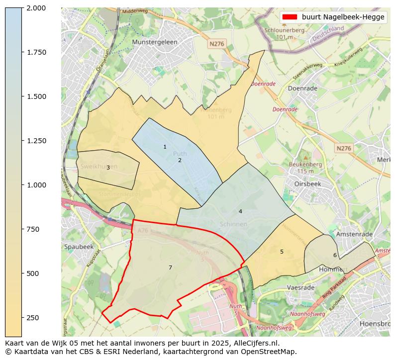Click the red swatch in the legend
[x=290, y=17]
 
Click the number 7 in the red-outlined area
[x=170, y=268]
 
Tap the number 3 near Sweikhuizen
[x=108, y=168]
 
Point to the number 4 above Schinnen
[x=240, y=211]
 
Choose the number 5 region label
[x=282, y=252]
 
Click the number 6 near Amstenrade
[x=335, y=255]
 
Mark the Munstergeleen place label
[x=155, y=42]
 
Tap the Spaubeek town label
[x=79, y=247]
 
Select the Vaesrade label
[x=300, y=287]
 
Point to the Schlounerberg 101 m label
[x=284, y=33]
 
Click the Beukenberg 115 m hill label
[x=305, y=168]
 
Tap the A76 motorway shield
[x=143, y=230]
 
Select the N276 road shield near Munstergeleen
[x=217, y=44]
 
